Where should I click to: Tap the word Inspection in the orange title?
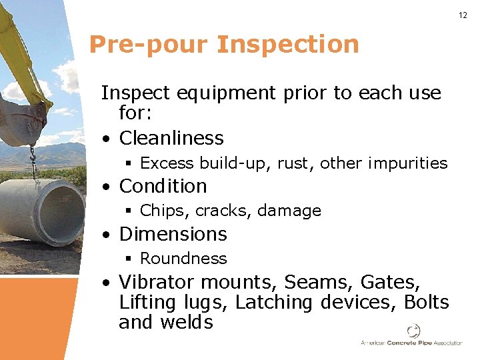288,45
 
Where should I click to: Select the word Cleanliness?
171,138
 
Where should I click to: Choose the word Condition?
163,186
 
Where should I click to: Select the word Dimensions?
173,234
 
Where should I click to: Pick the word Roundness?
183,259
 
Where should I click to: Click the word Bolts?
427,303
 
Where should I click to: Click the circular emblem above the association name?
413,331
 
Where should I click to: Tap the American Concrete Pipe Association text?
411,343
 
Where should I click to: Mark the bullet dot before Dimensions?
107,235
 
